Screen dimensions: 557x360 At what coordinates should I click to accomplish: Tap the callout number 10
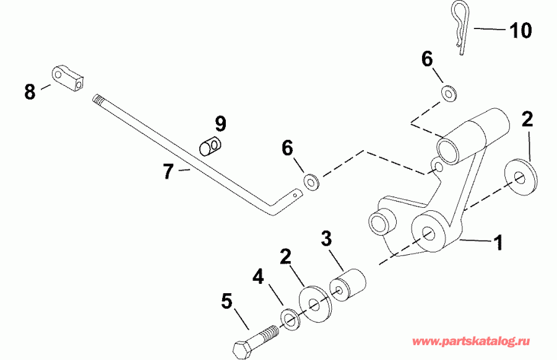point(520,30)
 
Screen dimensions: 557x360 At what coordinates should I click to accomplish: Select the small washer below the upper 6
point(447,93)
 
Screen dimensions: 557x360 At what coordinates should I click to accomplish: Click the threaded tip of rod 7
point(98,98)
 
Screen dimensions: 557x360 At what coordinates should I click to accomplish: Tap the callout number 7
point(168,171)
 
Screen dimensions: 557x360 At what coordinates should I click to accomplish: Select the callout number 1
point(496,242)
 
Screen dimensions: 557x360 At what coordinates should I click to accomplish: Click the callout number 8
point(30,92)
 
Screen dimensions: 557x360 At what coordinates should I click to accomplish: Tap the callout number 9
point(220,123)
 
